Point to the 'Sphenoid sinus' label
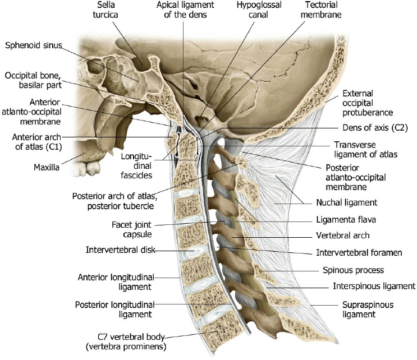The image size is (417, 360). coord(33,45)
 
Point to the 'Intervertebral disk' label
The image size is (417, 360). coord(121,250)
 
